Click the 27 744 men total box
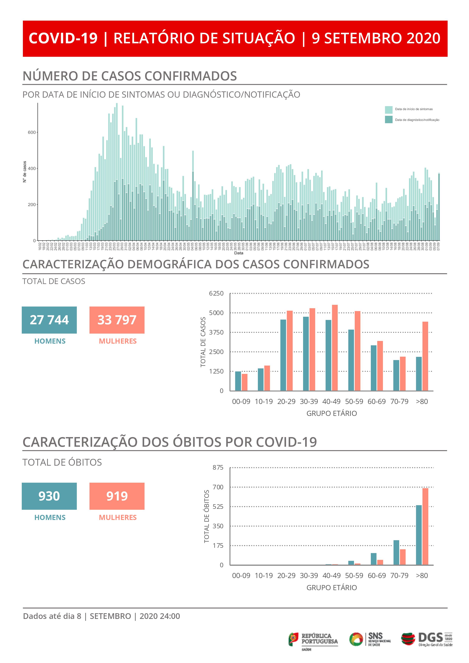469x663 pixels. pos(49,320)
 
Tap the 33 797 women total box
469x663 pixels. pos(117,320)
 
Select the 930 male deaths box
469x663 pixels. pos(49,496)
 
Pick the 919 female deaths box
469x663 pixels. pos(117,496)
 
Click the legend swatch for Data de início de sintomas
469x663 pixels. pos(388,110)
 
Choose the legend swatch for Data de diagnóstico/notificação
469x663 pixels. pos(388,120)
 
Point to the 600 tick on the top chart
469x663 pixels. pos(32,132)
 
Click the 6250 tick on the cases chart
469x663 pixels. pos(216,293)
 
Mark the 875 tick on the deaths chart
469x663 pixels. pos(218,468)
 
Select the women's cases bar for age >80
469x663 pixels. pos(425,356)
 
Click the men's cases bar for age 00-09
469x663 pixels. pos(238,381)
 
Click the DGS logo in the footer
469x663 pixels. pos(427,639)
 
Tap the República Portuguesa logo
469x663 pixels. pos(313,639)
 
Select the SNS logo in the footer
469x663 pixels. pos(370,639)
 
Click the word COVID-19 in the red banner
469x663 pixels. pos(63,38)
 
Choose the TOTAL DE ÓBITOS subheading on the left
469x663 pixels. pos(62,462)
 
